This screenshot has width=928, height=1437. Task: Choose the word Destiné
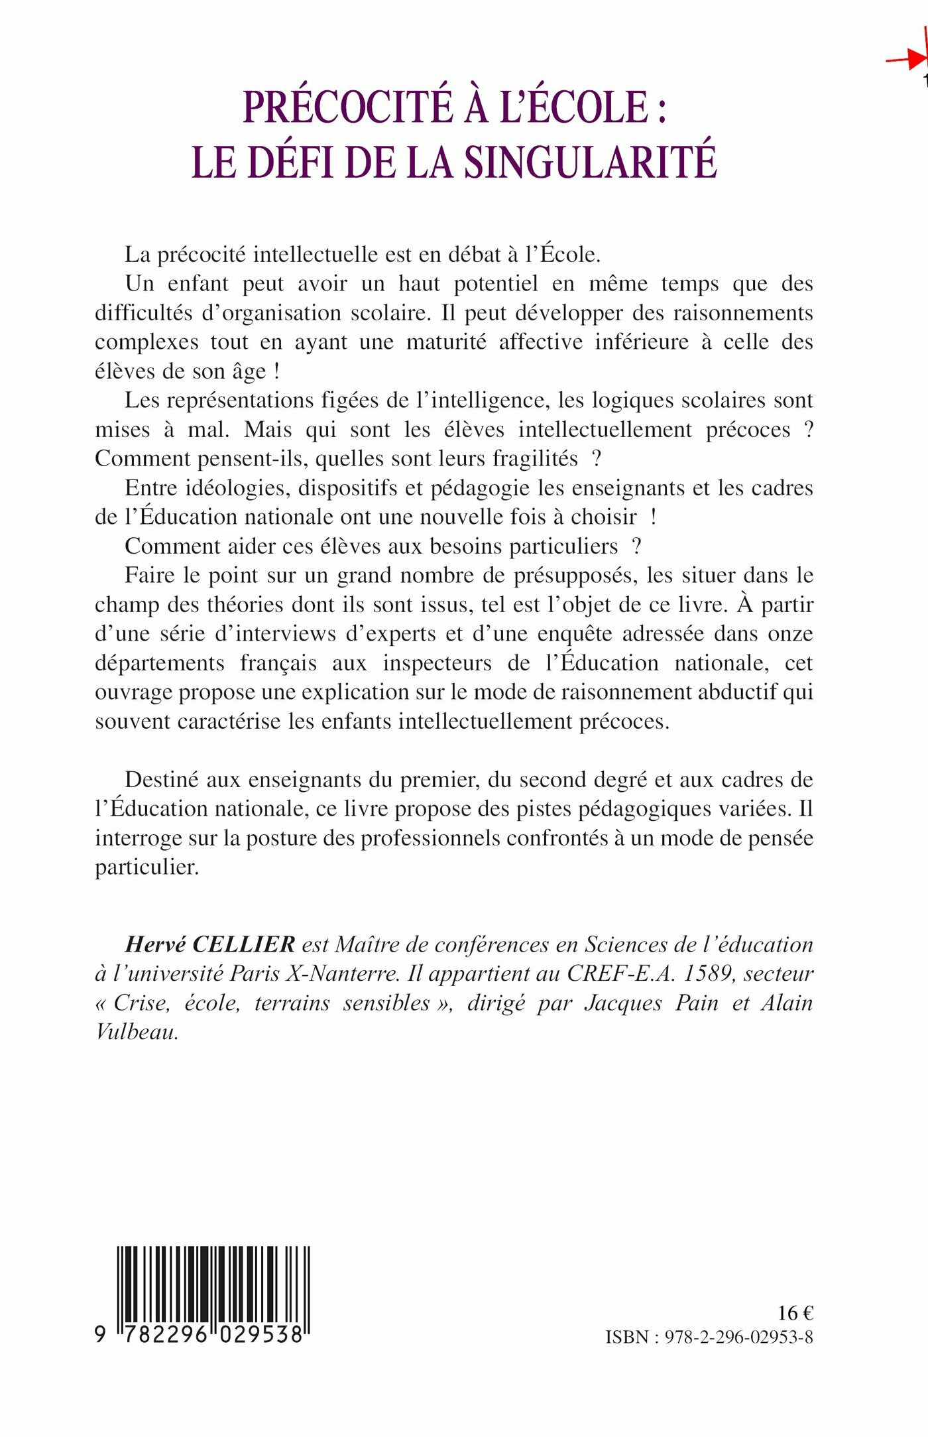(162, 780)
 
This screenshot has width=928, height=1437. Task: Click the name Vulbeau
(137, 1032)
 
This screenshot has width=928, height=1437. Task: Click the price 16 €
(795, 1313)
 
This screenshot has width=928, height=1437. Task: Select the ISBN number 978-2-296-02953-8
(739, 1337)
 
